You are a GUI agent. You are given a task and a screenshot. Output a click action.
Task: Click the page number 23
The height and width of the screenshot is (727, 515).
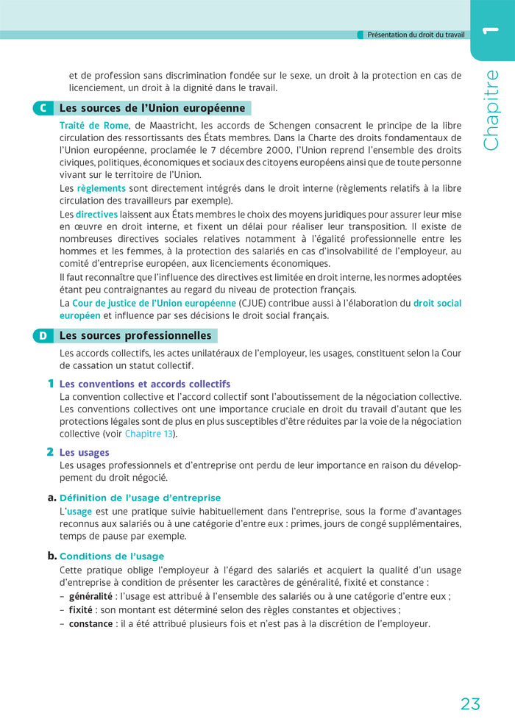click(470, 703)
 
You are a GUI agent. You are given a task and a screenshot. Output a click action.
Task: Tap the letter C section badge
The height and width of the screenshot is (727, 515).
click(43, 109)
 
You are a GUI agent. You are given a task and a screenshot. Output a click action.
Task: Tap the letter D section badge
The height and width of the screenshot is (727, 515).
click(43, 336)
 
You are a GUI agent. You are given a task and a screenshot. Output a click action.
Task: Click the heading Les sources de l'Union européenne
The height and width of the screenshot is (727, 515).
click(152, 109)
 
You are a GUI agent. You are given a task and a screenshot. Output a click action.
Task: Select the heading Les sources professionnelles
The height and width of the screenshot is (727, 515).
click(135, 336)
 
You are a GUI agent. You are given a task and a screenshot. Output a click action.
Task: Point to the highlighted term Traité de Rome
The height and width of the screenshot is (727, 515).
click(94, 126)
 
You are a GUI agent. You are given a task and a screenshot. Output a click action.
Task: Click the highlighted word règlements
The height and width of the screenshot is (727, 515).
click(102, 188)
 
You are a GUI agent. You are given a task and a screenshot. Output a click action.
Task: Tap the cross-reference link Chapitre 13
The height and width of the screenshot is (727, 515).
click(149, 434)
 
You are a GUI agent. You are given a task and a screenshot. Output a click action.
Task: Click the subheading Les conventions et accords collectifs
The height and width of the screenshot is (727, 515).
click(145, 384)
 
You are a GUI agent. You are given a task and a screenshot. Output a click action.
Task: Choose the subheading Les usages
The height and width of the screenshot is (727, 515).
click(84, 453)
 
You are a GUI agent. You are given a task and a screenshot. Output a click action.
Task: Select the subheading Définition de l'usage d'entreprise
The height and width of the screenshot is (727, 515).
click(140, 498)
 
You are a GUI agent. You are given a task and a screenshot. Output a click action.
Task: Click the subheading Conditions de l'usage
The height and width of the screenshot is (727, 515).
click(112, 556)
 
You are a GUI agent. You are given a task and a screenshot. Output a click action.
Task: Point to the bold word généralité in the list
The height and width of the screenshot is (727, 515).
click(90, 597)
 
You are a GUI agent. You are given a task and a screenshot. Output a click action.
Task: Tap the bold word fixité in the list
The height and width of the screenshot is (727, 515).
click(80, 610)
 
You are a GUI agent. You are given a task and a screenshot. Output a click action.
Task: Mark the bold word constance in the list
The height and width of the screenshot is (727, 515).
click(90, 623)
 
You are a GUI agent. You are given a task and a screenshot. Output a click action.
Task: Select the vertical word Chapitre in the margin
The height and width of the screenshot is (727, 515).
click(491, 110)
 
